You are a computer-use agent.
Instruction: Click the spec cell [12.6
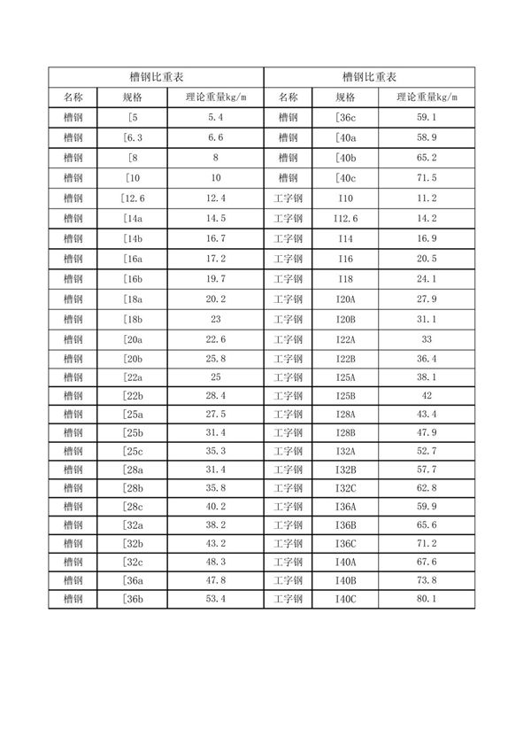[135, 198]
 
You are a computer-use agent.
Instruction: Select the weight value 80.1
[427, 600]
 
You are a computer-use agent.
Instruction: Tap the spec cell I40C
[346, 600]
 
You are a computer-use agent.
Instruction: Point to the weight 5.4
[216, 117]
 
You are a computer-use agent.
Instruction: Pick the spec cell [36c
[346, 117]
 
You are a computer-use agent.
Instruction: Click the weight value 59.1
[427, 117]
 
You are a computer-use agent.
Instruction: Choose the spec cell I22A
[346, 338]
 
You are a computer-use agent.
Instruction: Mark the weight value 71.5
[427, 177]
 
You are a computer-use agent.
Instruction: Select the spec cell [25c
[135, 449]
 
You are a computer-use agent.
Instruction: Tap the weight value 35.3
[216, 449]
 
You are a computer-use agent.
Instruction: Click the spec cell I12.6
[346, 218]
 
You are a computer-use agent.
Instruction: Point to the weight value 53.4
[216, 600]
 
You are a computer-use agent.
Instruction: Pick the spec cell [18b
[135, 318]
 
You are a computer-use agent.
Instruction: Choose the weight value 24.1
[427, 278]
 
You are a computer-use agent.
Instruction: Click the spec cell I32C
[346, 487]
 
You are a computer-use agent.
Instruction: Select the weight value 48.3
[216, 562]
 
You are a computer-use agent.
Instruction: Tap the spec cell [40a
[346, 137]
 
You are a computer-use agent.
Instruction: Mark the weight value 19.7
[216, 278]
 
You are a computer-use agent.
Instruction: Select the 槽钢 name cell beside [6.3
[73, 137]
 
